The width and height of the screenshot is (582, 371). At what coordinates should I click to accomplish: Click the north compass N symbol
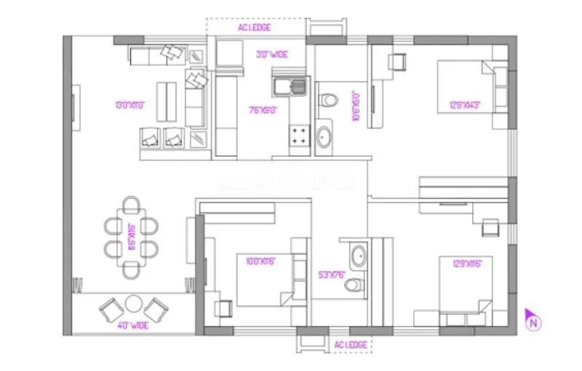[533, 318]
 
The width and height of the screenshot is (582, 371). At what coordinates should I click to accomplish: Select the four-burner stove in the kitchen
[299, 134]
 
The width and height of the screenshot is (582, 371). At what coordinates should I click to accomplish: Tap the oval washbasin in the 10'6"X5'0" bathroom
[325, 136]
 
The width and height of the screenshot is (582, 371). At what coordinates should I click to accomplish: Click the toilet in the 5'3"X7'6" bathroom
[354, 284]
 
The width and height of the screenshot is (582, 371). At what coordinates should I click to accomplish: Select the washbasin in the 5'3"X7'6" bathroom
[358, 256]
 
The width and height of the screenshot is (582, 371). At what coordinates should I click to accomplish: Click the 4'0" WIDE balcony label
[133, 325]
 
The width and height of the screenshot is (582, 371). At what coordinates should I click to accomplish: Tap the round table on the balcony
[133, 303]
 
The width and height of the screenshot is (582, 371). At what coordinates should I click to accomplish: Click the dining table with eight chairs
[132, 237]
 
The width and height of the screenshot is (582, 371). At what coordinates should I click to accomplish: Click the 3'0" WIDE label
[271, 54]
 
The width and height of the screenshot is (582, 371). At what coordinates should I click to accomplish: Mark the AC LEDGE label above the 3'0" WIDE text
[255, 28]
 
